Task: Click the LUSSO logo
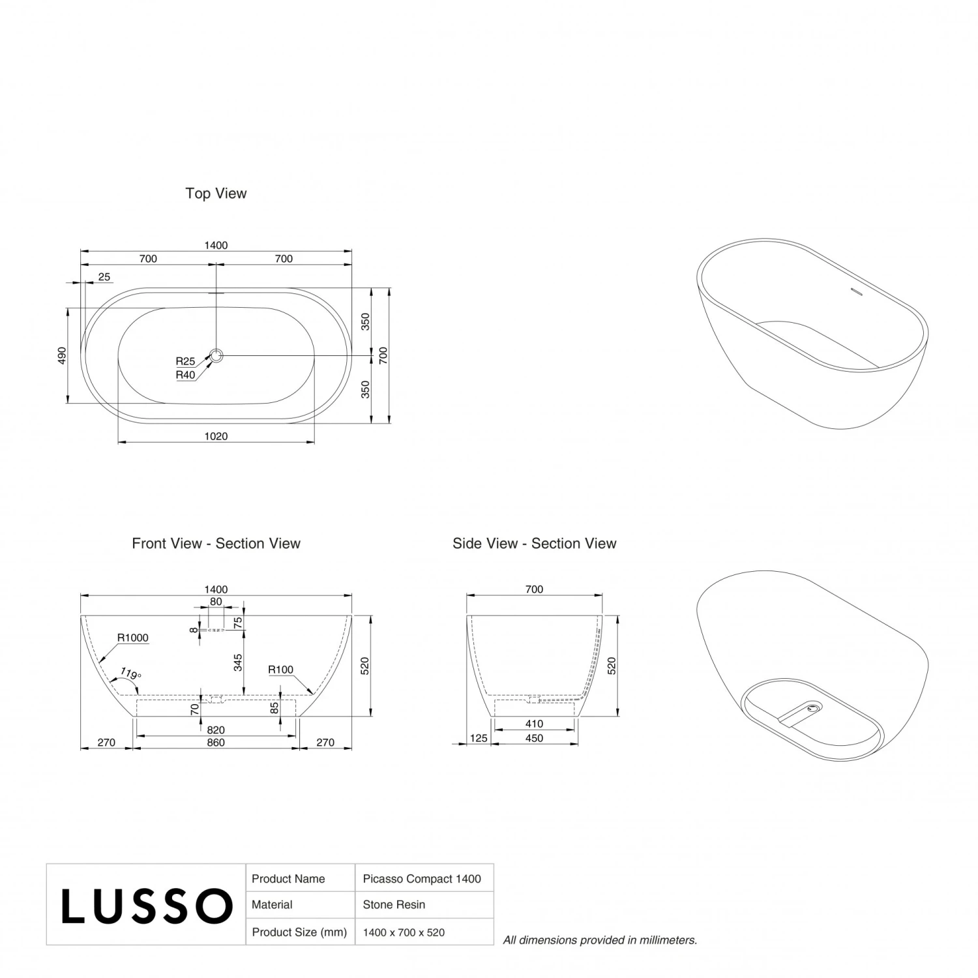point(147,906)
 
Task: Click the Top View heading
point(216,194)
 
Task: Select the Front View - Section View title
point(216,544)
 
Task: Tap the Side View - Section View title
point(534,544)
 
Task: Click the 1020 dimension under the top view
point(216,436)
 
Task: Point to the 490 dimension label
point(63,355)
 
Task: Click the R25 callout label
point(185,361)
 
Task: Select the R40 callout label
point(185,375)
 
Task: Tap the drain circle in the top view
point(216,355)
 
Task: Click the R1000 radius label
point(133,638)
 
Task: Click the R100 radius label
point(281,670)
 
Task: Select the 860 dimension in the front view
point(216,743)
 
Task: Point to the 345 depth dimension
point(238,663)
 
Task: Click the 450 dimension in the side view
point(534,738)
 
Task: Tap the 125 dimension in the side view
point(479,738)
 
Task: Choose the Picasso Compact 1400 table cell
point(422,879)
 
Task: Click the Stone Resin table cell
point(394,905)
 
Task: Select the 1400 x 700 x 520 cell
point(404,932)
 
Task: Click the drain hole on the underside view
point(813,706)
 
